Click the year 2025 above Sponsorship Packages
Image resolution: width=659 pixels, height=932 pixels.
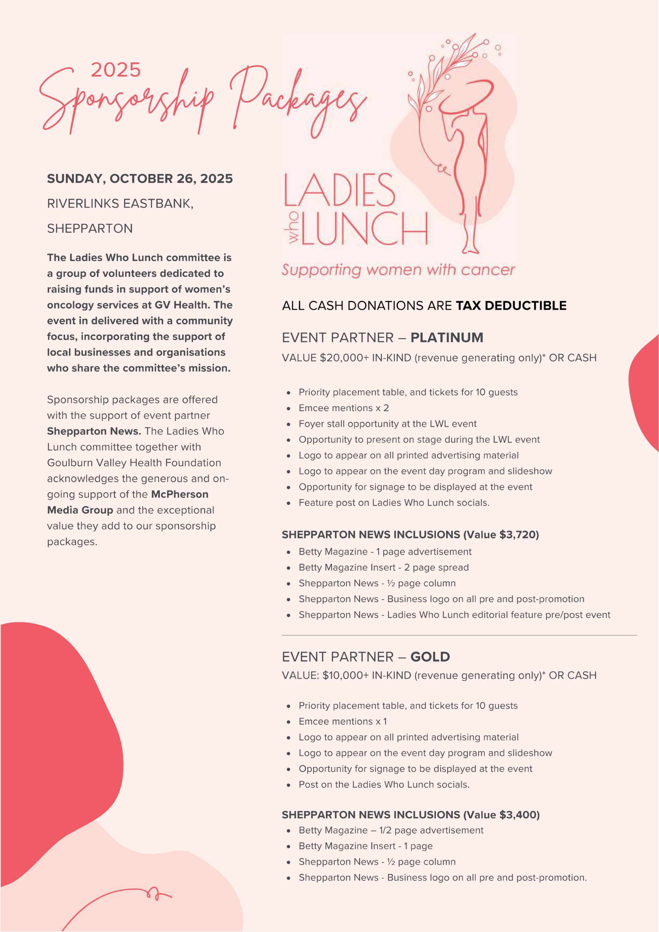[116, 70]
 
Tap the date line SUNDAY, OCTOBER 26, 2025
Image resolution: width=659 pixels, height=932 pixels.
[140, 179]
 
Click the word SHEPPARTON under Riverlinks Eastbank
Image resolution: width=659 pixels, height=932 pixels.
[90, 229]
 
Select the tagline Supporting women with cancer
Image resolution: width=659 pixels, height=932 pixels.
[398, 270]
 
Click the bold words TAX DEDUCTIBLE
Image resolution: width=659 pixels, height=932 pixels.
[511, 306]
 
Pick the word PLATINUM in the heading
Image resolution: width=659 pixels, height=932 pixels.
[447, 338]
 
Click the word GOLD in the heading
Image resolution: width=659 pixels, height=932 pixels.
[430, 657]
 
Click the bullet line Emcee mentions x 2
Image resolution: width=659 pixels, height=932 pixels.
[343, 408]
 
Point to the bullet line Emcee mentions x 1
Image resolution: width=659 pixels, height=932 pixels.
[343, 721]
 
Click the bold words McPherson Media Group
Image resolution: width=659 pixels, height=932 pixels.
[127, 502]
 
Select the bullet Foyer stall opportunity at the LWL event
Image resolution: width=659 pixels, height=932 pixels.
[387, 424]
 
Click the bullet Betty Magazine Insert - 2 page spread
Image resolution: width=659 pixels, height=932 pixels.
[383, 568]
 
